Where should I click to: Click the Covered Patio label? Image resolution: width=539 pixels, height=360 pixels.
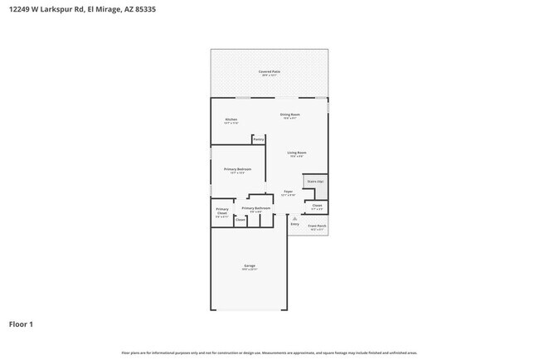tap(269, 73)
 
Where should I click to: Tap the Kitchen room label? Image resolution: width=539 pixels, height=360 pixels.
tap(231, 120)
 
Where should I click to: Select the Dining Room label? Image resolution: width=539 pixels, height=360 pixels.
tap(289, 115)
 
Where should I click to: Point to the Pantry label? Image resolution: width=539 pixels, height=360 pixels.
tap(259, 139)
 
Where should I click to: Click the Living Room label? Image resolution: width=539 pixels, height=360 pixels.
tap(297, 153)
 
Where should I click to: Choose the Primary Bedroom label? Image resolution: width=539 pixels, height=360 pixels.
tap(238, 170)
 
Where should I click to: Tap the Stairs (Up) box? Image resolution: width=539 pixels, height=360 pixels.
tap(315, 181)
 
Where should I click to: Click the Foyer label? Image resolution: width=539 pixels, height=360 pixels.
tap(288, 192)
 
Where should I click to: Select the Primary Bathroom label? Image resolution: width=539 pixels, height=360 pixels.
tap(255, 209)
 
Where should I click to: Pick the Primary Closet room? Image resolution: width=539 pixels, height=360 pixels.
tap(221, 212)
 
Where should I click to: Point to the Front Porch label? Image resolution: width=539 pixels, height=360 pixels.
tap(317, 226)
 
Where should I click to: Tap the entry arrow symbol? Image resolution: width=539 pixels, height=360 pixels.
tap(294, 218)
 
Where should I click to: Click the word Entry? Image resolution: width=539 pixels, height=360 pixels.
tap(294, 224)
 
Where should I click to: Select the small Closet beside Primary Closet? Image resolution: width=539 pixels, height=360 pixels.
tap(240, 220)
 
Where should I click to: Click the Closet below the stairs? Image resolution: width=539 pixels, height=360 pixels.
tap(317, 206)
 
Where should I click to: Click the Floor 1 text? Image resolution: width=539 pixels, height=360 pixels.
tap(21, 324)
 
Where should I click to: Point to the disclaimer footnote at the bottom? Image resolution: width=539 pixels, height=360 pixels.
tap(269, 353)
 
